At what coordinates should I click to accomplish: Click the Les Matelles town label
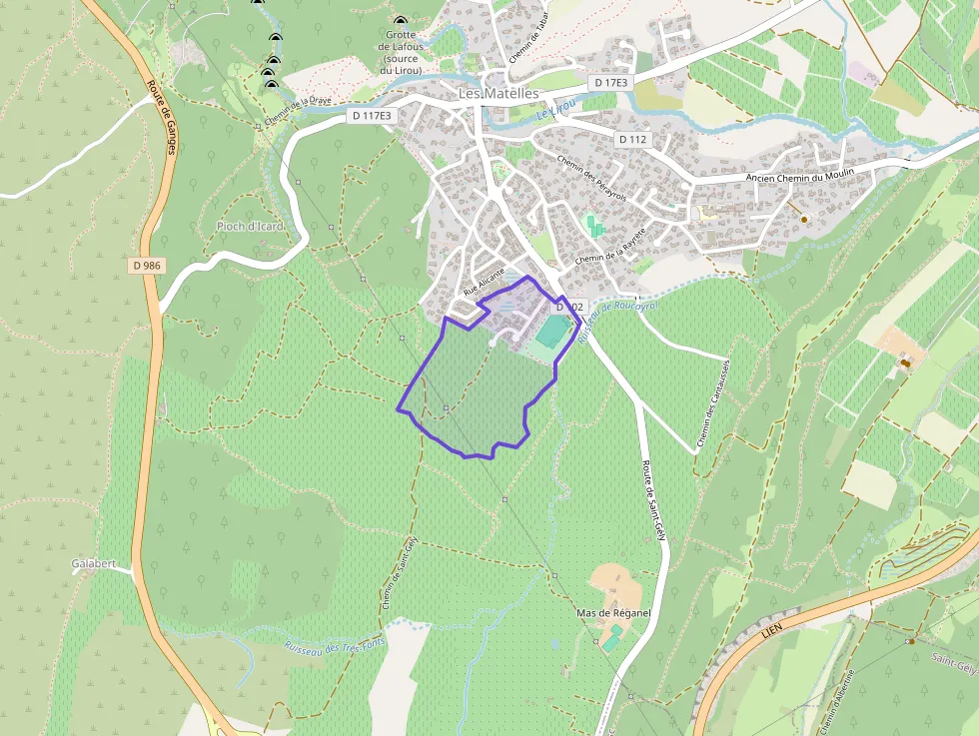pos(497,93)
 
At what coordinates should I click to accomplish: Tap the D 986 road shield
pos(146,266)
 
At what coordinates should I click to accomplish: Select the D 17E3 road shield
pos(609,82)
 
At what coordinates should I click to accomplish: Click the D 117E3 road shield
pos(372,116)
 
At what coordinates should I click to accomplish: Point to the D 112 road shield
pos(632,139)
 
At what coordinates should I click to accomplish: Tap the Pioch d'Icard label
pos(250,227)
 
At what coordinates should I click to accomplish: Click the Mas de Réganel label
pos(614,612)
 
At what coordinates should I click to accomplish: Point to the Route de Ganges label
pos(161,131)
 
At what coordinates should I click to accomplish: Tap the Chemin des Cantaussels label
pos(715,404)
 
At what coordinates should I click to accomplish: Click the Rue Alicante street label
pos(485,284)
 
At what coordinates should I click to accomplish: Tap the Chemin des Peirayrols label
pos(591,175)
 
